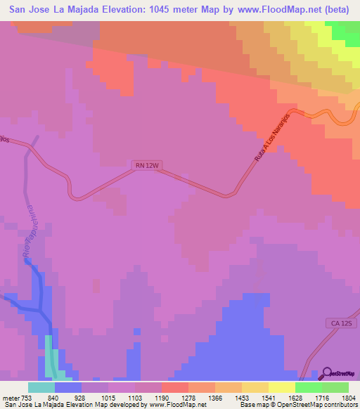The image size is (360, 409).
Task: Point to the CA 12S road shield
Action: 337,322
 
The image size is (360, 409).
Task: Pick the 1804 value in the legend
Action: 349,398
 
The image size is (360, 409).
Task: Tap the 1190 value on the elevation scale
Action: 162,398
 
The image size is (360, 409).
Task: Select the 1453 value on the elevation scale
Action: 241,398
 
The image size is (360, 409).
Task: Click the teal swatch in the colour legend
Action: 41,387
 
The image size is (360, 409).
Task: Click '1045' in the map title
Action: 176,10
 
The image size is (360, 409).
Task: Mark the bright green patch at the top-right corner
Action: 346,30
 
